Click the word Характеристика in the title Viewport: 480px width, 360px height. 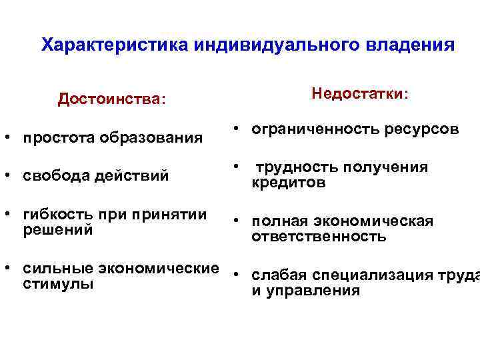[115, 45]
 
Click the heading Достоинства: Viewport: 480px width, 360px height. [111, 99]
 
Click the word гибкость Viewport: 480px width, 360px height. [57, 215]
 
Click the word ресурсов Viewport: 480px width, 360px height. [422, 129]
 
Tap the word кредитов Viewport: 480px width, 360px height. [289, 183]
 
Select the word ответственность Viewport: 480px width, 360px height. [319, 237]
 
